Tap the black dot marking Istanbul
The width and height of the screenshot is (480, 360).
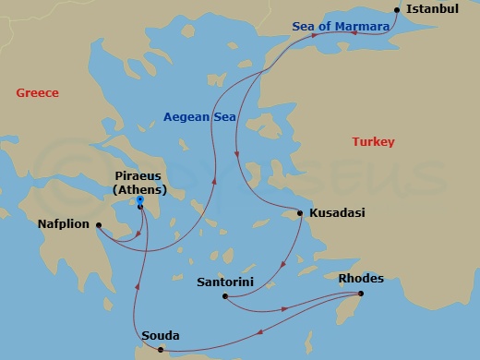(396, 11)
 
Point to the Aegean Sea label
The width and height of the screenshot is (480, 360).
(199, 117)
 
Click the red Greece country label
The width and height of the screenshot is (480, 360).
(38, 93)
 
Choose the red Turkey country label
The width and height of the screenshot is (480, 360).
(373, 142)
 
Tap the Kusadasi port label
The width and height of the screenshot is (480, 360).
(337, 213)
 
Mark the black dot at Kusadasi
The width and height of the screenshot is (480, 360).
(300, 214)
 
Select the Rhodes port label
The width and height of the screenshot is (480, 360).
(362, 278)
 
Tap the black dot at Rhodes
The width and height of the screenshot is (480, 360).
(361, 294)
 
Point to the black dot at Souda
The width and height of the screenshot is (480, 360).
(161, 351)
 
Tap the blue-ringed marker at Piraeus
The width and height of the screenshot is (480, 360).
(139, 199)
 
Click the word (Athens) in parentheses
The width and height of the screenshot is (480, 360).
(138, 189)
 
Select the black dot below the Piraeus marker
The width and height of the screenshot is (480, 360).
(139, 208)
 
